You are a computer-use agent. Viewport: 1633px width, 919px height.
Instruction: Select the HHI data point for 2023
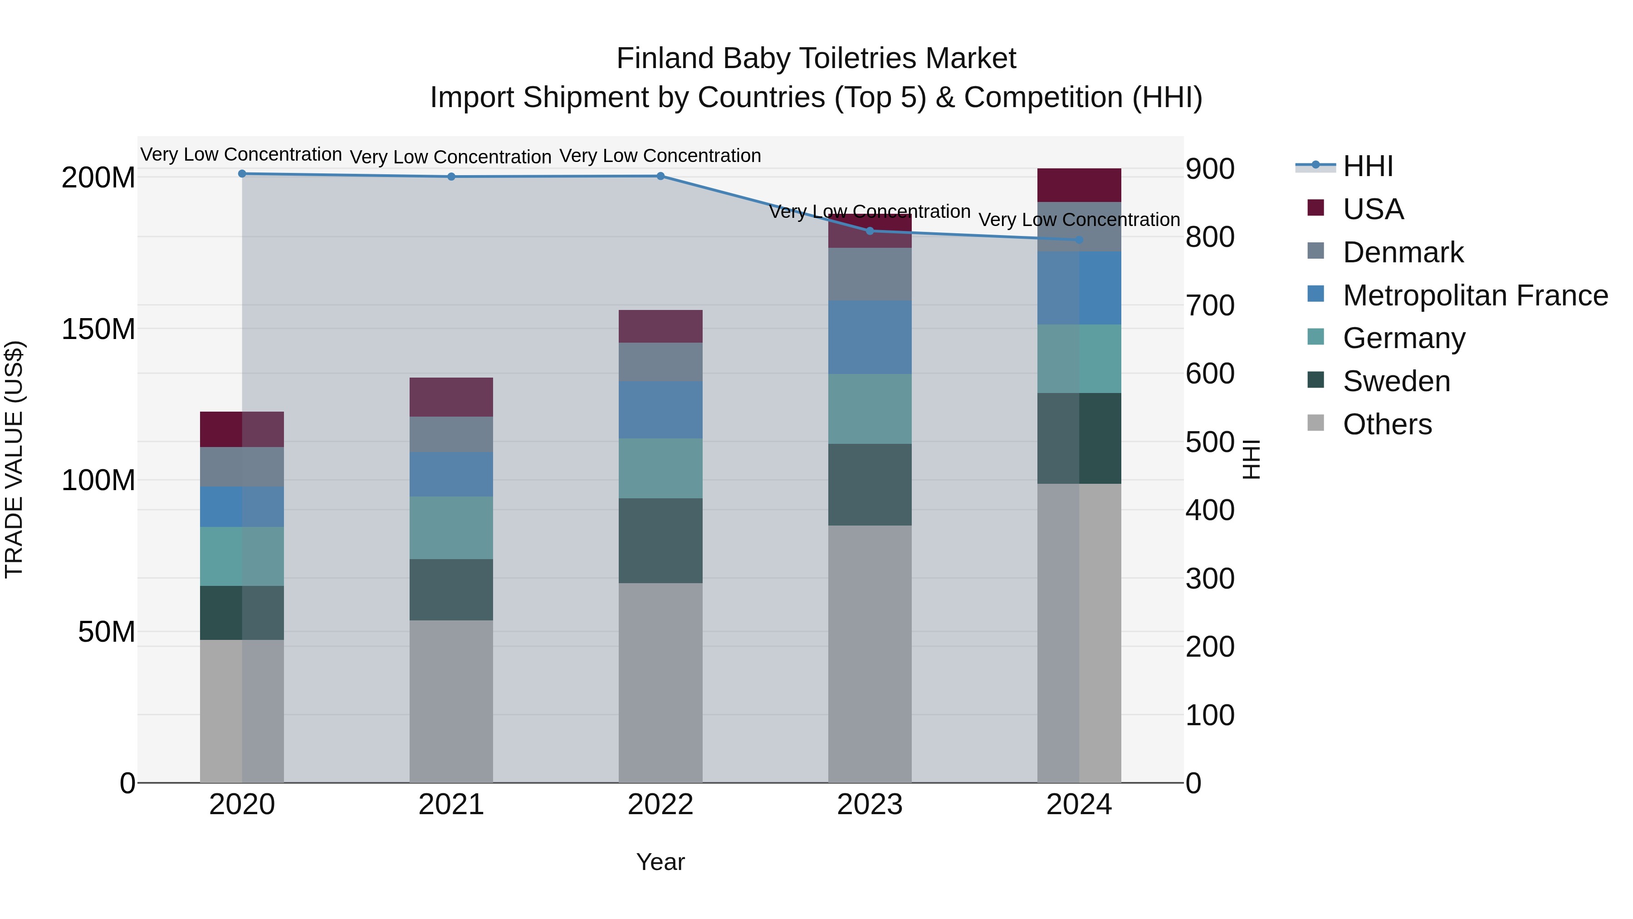coord(870,231)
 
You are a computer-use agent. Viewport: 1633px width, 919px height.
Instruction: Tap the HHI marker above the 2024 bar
coord(1079,240)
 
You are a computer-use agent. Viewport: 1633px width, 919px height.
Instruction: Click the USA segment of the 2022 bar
coord(660,326)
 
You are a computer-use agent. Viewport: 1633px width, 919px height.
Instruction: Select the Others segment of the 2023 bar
coord(870,653)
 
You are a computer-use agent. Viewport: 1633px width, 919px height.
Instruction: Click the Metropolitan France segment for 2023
coord(870,337)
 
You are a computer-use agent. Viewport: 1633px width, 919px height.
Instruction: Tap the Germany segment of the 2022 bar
coord(660,468)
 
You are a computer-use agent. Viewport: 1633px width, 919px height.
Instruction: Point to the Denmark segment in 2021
coord(451,434)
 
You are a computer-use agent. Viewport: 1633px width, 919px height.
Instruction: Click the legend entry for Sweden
coord(1396,381)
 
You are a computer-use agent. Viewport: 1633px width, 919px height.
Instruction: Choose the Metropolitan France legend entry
coord(1475,295)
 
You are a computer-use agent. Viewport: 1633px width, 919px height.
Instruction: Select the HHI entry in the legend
coord(1367,166)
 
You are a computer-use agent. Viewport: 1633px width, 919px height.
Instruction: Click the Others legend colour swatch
coord(1315,423)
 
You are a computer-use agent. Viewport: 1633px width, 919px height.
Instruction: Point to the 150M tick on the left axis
coord(98,329)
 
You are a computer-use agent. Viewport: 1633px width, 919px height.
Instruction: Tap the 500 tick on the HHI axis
coord(1209,442)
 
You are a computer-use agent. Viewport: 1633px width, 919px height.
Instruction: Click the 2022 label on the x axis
coord(660,805)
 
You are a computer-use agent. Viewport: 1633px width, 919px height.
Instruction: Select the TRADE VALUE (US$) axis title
coord(14,459)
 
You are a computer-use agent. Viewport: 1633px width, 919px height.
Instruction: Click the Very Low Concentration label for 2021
coord(451,157)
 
